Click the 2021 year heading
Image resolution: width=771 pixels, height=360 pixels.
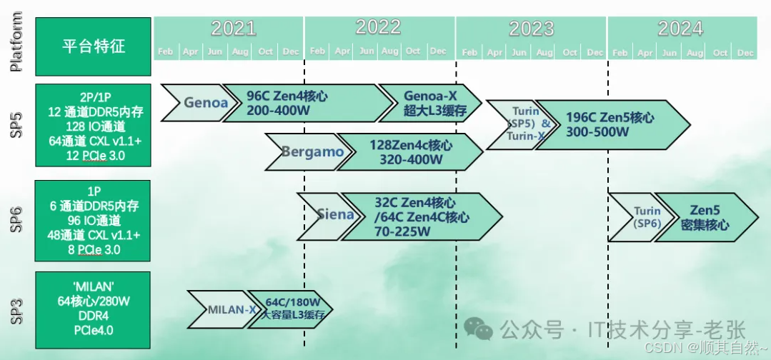coord(233,28)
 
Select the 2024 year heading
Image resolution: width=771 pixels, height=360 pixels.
coord(680,28)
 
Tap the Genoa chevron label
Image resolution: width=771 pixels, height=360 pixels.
coord(204,102)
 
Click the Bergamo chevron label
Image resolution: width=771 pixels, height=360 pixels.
coord(312,151)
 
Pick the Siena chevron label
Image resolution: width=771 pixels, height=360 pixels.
coord(334,214)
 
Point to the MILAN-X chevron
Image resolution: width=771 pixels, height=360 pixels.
coord(231,309)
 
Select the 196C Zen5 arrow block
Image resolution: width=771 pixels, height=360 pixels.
coord(610,124)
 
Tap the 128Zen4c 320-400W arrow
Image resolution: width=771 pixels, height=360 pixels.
coord(409,151)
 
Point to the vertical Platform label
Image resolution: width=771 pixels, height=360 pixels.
coord(17,42)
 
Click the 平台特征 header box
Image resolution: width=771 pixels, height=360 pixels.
coord(93,46)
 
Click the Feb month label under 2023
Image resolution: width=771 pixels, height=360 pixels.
coord(469,52)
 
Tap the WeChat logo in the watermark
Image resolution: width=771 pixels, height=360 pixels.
coord(478,329)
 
